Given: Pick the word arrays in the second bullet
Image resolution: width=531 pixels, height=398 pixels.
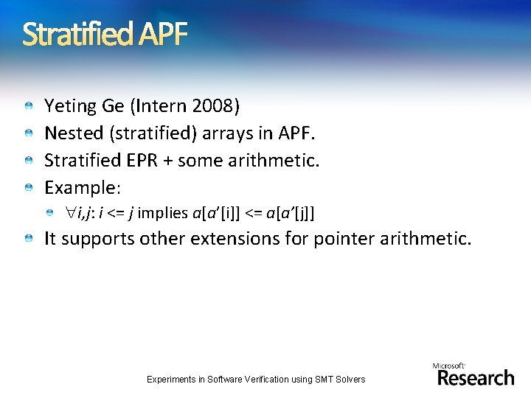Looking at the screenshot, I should click(x=223, y=133).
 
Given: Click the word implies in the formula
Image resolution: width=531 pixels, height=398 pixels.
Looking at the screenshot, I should click(x=163, y=214).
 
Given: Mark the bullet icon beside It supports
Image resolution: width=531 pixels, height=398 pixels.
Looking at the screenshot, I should click(x=27, y=240).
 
